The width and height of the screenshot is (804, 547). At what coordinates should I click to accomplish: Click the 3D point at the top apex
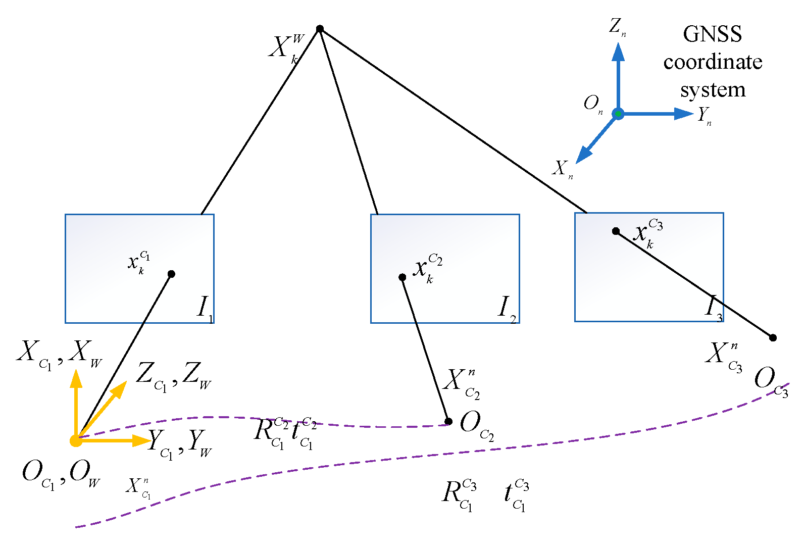pyautogui.click(x=320, y=29)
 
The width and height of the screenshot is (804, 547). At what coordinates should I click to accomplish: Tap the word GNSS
pyautogui.click(x=712, y=34)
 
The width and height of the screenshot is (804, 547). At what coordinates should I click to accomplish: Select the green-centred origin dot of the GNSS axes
pyautogui.click(x=618, y=114)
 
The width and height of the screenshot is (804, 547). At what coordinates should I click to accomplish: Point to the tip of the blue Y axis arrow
pyautogui.click(x=693, y=114)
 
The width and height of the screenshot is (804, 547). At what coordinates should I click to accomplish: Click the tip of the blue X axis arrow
pyautogui.click(x=577, y=162)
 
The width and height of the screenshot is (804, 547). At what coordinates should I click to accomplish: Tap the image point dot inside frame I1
pyautogui.click(x=171, y=274)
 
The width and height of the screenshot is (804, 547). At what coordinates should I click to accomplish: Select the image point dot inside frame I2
pyautogui.click(x=402, y=277)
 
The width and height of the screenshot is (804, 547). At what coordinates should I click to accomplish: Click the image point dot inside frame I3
pyautogui.click(x=616, y=231)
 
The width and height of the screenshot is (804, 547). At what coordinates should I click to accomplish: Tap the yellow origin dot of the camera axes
pyautogui.click(x=76, y=441)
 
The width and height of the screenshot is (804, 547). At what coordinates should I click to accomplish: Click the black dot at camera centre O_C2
pyautogui.click(x=448, y=421)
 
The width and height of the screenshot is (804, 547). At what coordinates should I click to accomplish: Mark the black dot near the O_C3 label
pyautogui.click(x=773, y=337)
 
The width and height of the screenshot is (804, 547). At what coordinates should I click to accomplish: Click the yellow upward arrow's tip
pyautogui.click(x=76, y=371)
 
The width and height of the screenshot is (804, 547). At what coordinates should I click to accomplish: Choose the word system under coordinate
pyautogui.click(x=713, y=90)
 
